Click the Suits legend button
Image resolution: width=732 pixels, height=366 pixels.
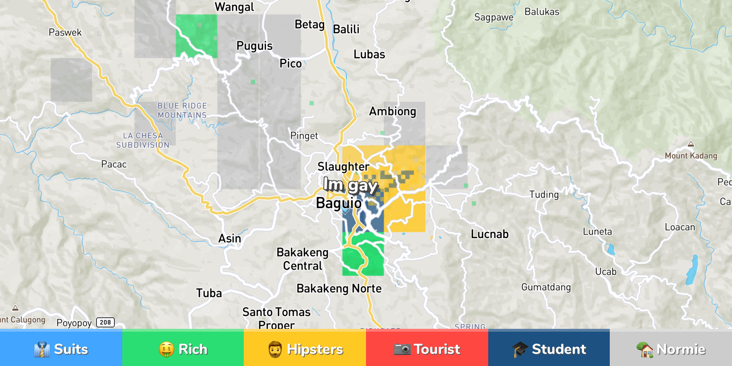[61, 349]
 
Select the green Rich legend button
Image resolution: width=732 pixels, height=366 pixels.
[183, 349]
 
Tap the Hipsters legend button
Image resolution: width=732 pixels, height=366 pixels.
[305, 349]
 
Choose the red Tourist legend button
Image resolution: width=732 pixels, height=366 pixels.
[427, 349]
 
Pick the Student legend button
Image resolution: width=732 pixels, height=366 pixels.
[549, 349]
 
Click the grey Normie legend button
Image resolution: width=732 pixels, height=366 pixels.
[671, 349]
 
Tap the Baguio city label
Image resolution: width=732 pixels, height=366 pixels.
[338, 203]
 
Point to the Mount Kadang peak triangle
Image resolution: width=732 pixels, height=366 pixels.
[691, 144]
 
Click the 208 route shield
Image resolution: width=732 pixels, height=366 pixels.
[105, 322]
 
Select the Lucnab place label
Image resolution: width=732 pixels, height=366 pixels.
[489, 234]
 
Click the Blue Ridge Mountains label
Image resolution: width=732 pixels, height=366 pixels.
[182, 110]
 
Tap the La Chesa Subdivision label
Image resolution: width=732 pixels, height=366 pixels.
[143, 140]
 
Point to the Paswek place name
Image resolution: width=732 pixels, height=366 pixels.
[65, 33]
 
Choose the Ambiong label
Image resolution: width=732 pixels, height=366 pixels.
[392, 112]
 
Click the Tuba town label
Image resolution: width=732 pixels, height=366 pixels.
[209, 293]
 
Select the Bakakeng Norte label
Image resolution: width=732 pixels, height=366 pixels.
[339, 288]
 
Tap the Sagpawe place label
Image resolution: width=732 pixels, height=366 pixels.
[494, 17]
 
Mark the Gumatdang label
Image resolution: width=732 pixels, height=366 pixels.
[546, 287]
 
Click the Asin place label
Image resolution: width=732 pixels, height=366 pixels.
[229, 238]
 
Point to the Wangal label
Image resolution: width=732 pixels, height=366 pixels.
[234, 7]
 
